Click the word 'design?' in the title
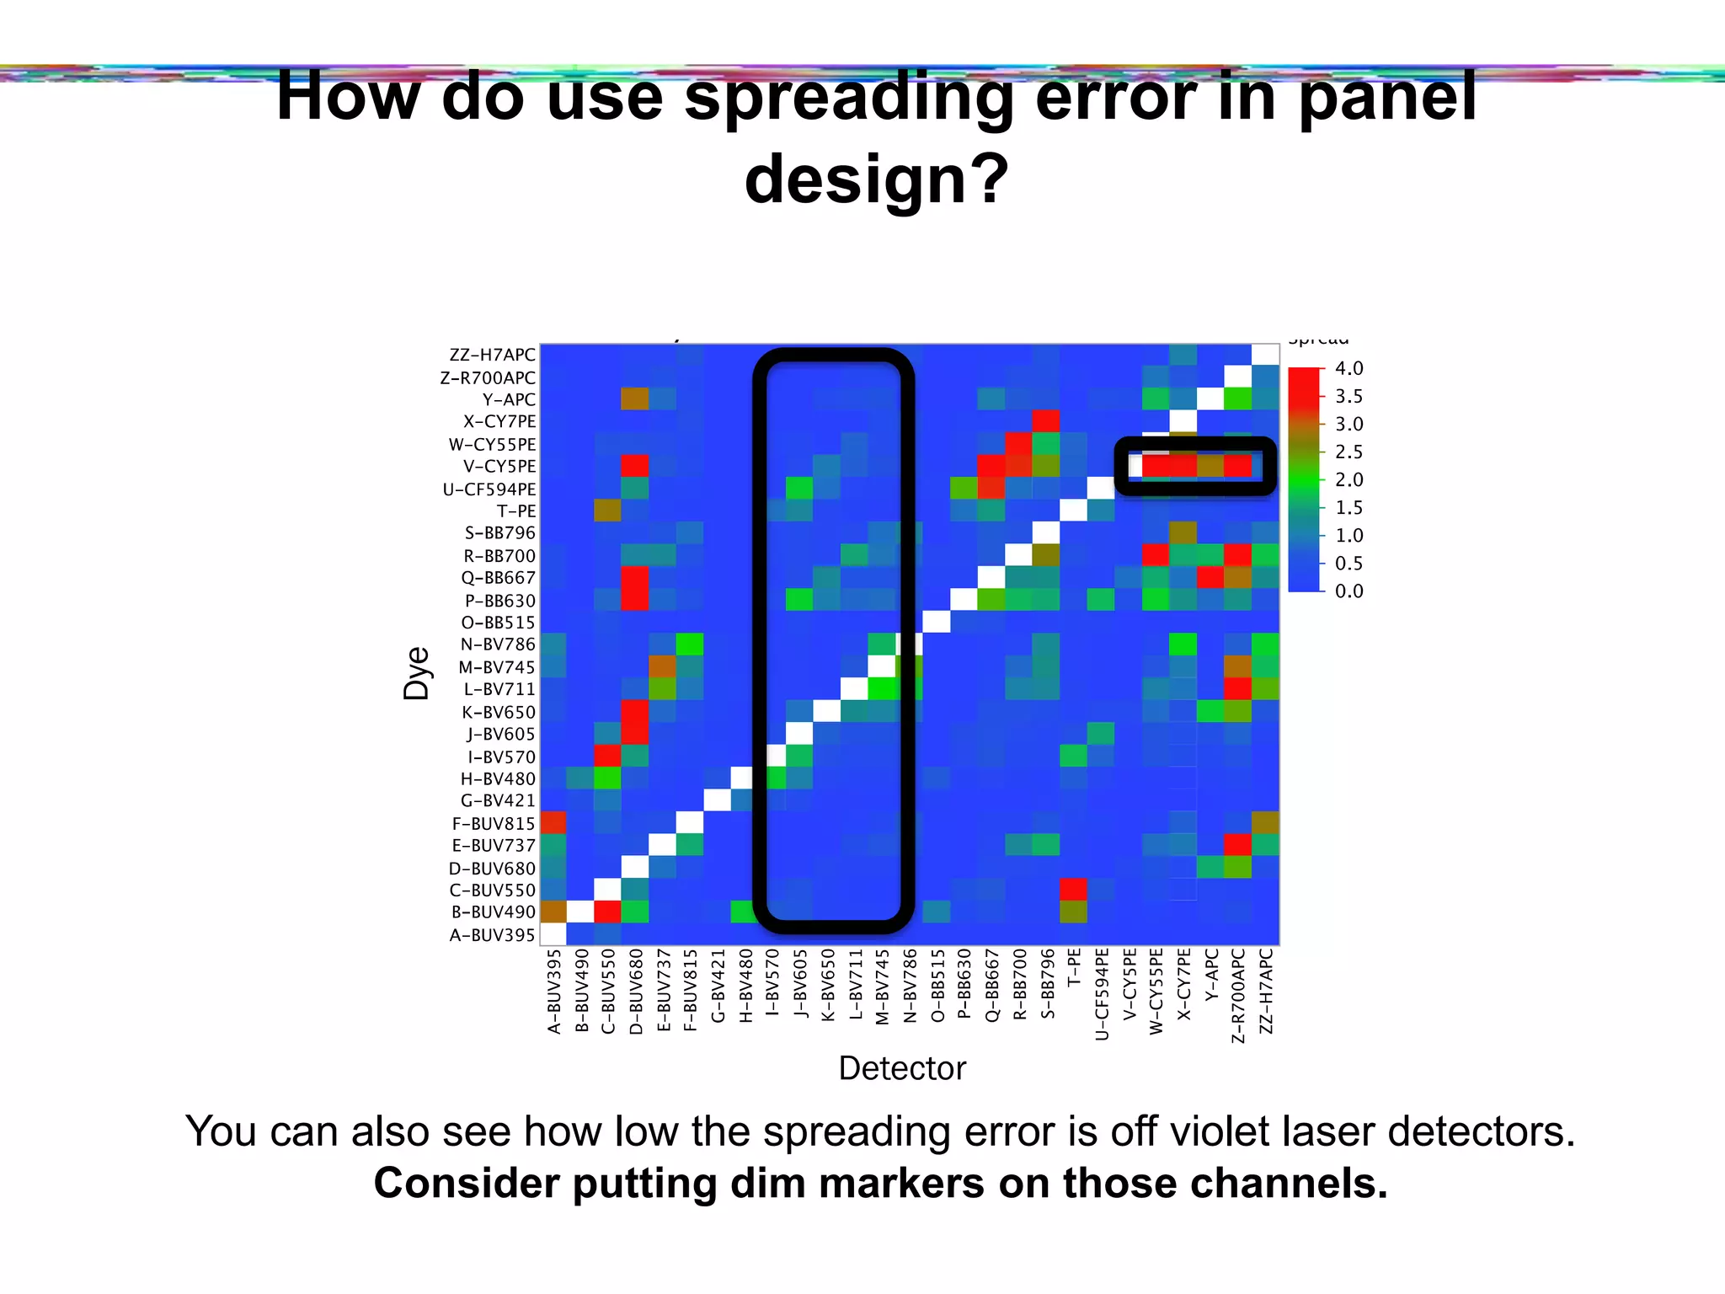point(876,179)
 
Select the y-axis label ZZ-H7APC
point(492,356)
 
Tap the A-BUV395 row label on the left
point(492,935)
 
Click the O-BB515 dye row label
point(498,623)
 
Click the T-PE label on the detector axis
point(1074,968)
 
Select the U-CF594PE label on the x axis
point(1102,994)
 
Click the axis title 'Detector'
point(902,1068)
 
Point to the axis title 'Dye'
point(416,674)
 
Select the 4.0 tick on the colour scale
point(1348,369)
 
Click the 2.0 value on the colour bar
point(1348,480)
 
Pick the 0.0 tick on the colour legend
point(1348,591)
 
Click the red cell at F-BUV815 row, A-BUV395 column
point(553,822)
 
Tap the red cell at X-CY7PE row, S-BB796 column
point(1046,420)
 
